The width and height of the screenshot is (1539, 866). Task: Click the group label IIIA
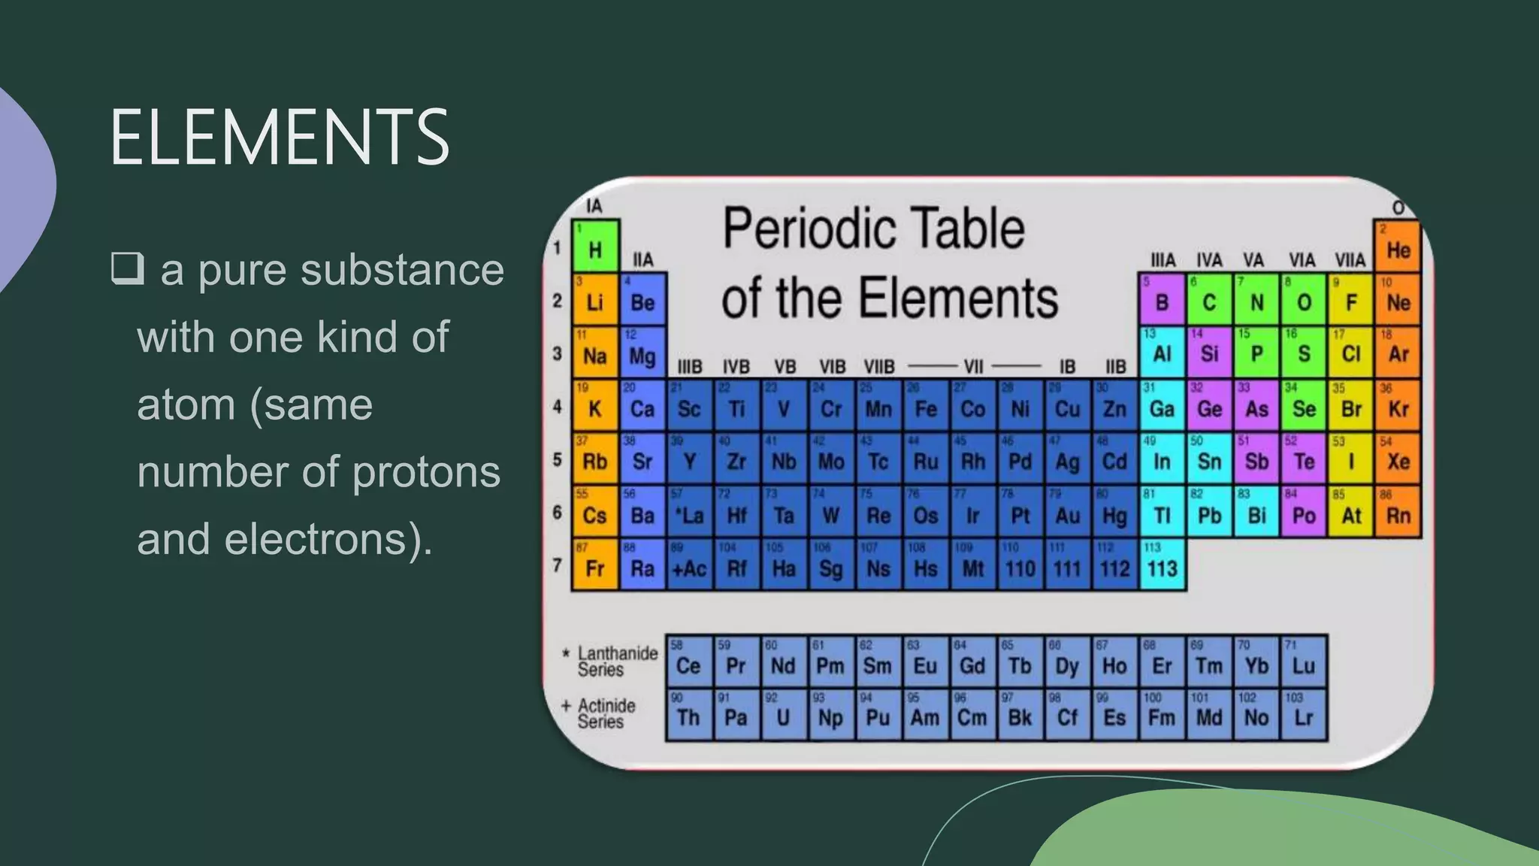click(1163, 260)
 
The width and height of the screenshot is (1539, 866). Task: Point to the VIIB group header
click(878, 367)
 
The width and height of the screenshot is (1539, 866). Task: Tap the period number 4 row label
click(557, 407)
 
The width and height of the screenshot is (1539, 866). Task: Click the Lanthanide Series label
click(616, 662)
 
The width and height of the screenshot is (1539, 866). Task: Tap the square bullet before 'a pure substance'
click(127, 268)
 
